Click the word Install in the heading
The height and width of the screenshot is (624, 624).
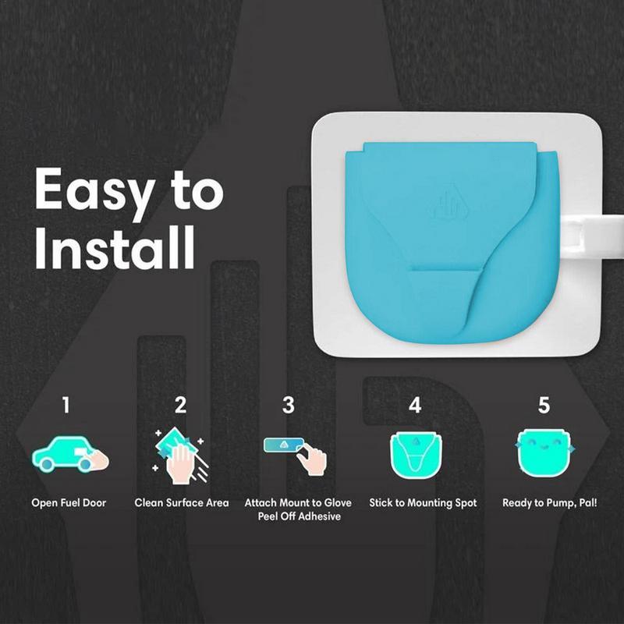click(x=115, y=247)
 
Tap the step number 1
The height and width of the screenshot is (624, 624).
click(x=66, y=405)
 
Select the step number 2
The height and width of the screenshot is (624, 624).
click(x=181, y=405)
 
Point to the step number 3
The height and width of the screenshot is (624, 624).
click(x=288, y=405)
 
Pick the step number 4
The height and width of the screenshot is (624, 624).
click(x=415, y=405)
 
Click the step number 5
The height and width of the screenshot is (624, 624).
click(x=544, y=405)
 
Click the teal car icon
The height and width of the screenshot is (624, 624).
click(x=70, y=455)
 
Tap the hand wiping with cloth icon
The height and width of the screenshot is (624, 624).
click(x=180, y=456)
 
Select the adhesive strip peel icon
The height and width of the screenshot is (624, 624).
click(x=296, y=456)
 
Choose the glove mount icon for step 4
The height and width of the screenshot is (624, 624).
click(x=416, y=456)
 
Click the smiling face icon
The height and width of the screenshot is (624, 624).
click(x=544, y=452)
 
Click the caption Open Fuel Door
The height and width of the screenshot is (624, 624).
click(x=69, y=502)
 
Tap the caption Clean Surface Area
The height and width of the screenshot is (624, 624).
click(x=182, y=502)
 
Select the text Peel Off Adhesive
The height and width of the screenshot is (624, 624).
click(x=300, y=516)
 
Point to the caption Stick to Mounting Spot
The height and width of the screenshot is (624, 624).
click(x=423, y=503)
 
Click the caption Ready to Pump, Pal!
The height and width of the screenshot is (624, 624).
click(x=550, y=503)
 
